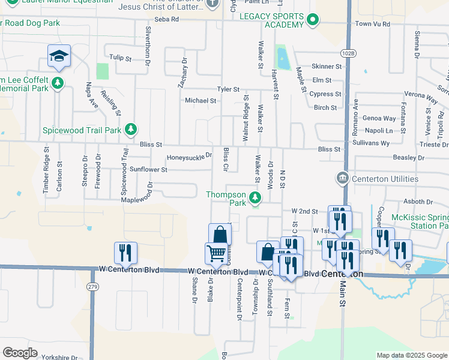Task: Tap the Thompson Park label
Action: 226,199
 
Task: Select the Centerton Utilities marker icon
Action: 342,178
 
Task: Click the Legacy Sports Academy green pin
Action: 312,21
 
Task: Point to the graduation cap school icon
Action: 59,56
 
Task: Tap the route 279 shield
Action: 92,286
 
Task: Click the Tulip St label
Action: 120,58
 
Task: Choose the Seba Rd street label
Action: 166,19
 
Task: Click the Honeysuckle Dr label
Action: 189,157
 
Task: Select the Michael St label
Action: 200,101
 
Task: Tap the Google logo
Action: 20,353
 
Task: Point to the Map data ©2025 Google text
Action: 412,355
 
